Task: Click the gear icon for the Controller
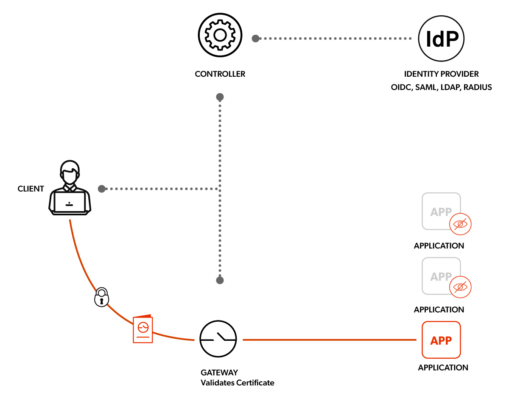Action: (219, 35)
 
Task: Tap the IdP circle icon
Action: (442, 39)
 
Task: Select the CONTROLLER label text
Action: (220, 74)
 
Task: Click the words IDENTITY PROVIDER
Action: (441, 74)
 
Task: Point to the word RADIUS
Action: (478, 88)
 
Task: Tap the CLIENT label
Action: (31, 189)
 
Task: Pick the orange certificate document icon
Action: (143, 329)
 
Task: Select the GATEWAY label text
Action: (219, 373)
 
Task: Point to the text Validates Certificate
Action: (237, 383)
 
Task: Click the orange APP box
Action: (441, 340)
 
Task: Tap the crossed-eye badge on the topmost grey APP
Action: (461, 223)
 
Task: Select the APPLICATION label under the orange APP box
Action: (443, 368)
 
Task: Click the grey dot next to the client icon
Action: (101, 189)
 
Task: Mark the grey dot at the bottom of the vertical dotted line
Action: (220, 280)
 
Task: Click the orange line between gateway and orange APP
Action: (329, 340)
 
